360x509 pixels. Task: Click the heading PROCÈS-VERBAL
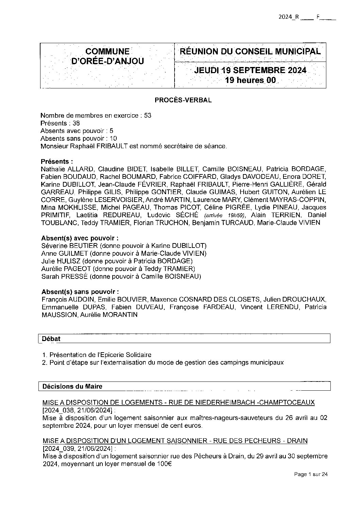183,100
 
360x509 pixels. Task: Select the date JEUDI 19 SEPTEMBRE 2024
250,70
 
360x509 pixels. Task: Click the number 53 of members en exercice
148,115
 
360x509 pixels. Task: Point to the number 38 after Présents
76,123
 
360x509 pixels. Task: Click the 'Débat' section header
51,339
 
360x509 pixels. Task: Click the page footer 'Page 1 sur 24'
310,474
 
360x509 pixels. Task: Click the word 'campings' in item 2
232,362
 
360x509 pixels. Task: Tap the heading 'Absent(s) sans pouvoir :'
80,292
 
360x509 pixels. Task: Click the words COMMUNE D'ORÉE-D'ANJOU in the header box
107,56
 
